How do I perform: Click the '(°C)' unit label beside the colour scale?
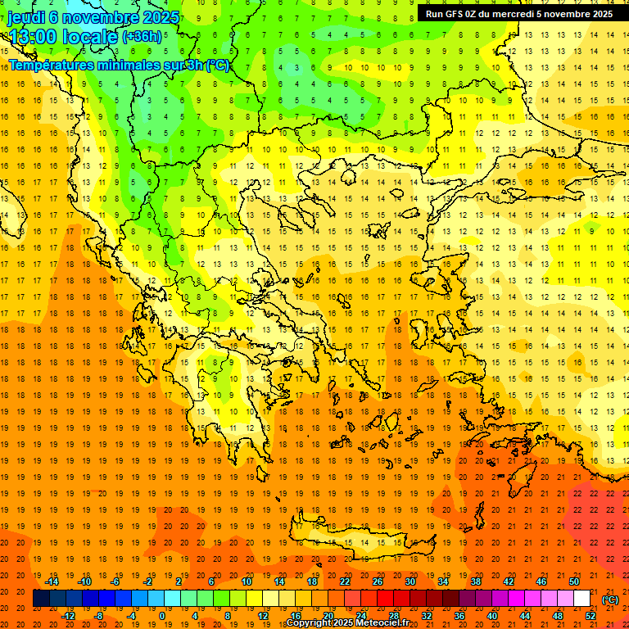coord(610,600)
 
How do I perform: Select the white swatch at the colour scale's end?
coord(581,599)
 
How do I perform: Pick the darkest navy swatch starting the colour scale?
coord(41,599)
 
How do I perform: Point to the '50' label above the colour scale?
coord(574,581)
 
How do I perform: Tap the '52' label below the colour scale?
coord(591,616)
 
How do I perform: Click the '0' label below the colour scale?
coord(162,616)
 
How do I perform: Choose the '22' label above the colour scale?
coord(345,581)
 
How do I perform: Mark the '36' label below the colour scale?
coord(459,616)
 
